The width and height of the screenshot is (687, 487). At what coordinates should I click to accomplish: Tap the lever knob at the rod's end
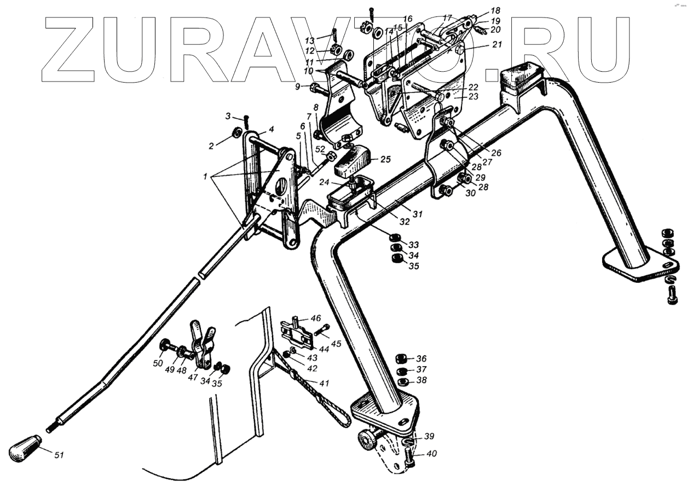coord(24,448)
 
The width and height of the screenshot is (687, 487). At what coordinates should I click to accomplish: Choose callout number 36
coord(421,359)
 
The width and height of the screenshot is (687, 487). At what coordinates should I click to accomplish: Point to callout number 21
coord(497,45)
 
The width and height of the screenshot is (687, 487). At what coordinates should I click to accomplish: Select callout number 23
coord(473,96)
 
